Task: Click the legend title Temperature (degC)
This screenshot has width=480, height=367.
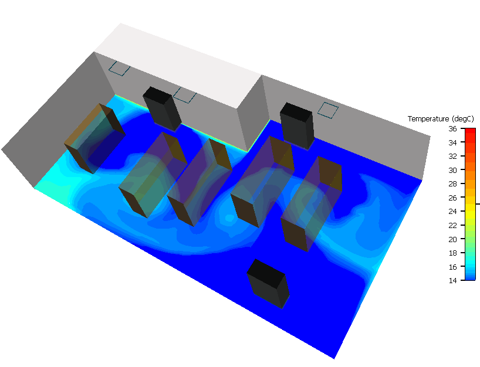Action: click(x=441, y=118)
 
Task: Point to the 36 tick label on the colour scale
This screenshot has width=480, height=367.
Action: click(x=452, y=129)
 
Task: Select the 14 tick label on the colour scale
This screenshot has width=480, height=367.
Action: click(x=452, y=280)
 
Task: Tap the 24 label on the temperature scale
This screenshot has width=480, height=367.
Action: click(x=452, y=211)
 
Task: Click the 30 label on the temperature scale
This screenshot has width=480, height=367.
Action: click(x=452, y=170)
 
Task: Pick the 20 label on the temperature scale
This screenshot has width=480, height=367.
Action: click(x=452, y=239)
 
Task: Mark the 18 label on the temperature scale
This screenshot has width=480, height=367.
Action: click(x=452, y=253)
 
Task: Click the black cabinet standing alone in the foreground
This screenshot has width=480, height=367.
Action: click(x=268, y=284)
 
